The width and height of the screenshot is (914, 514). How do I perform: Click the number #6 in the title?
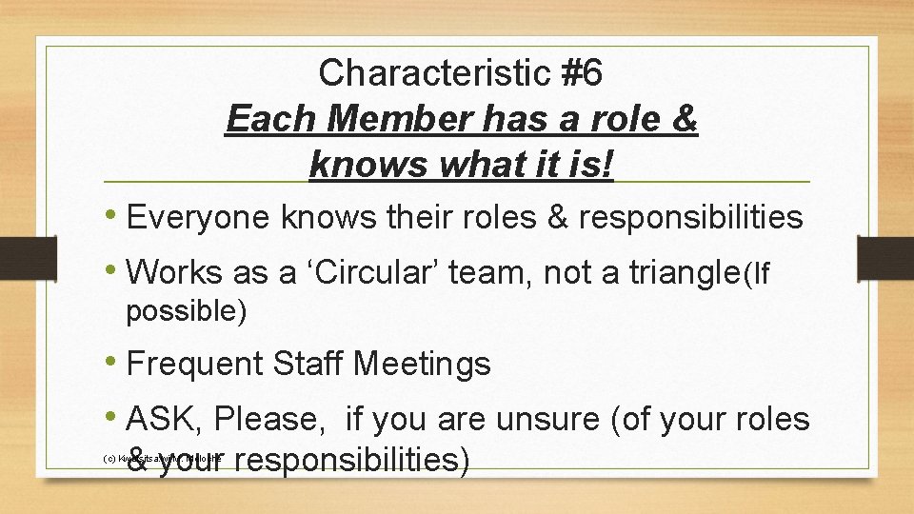click(x=575, y=73)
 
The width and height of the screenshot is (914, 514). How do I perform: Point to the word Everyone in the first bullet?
click(x=199, y=218)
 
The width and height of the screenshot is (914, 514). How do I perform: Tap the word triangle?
click(x=677, y=274)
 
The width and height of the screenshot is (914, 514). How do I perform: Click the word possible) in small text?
click(x=187, y=311)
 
